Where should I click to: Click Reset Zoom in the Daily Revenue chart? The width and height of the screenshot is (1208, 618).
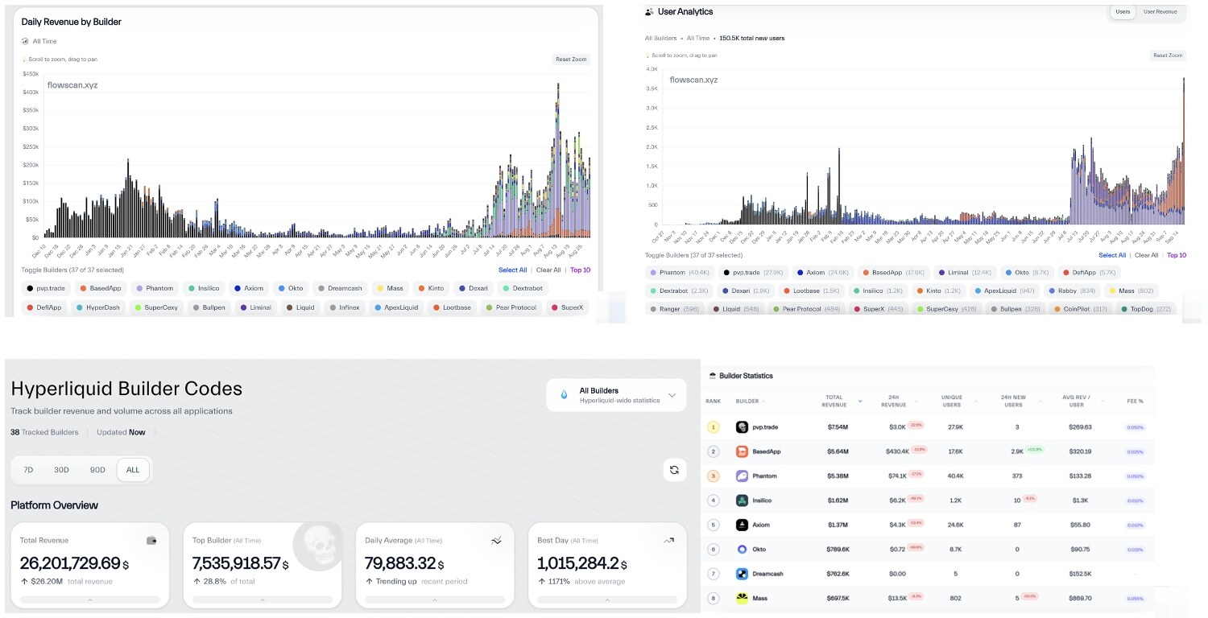571,60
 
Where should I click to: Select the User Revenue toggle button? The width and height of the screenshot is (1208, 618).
1160,12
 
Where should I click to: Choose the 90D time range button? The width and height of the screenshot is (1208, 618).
97,470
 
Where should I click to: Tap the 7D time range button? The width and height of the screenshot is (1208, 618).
28,470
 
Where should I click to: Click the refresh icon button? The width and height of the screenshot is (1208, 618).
674,470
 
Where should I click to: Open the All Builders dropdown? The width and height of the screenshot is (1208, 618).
616,395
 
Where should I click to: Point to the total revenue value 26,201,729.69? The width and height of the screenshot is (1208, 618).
70,563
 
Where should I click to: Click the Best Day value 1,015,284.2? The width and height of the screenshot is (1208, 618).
578,563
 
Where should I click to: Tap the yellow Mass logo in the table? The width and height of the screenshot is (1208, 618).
743,598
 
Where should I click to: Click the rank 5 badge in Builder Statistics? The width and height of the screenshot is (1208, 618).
713,525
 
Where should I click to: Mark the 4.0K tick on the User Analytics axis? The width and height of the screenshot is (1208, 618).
653,69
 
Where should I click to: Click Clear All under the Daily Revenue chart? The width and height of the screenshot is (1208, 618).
548,270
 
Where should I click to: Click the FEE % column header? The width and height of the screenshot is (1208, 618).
1135,401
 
